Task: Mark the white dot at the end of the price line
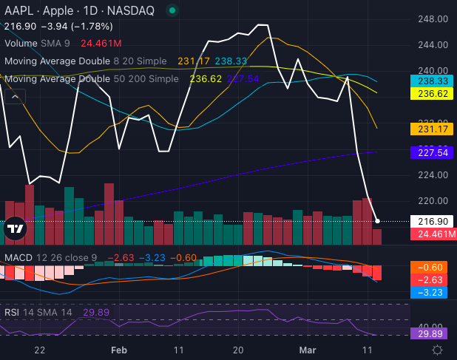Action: click(378, 221)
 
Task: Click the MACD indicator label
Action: click(18, 257)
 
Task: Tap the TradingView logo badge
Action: click(15, 230)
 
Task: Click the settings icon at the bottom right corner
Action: click(438, 349)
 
